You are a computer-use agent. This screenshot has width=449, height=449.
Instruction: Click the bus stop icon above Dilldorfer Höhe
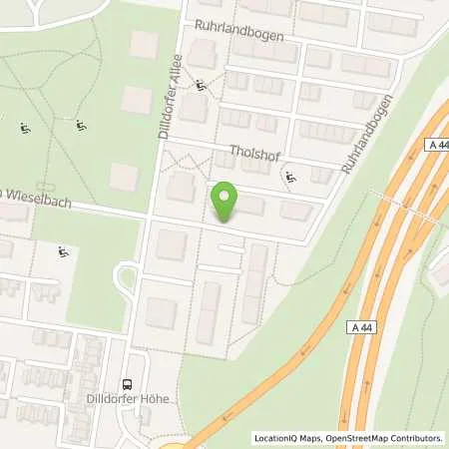126,383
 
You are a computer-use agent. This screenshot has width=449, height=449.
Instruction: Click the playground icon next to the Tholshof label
290,178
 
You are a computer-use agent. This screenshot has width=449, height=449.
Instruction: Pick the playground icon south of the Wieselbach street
64,253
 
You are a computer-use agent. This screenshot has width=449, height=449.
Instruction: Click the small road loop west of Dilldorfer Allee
127,275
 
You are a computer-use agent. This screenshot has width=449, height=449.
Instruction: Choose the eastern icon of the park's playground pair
80,125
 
